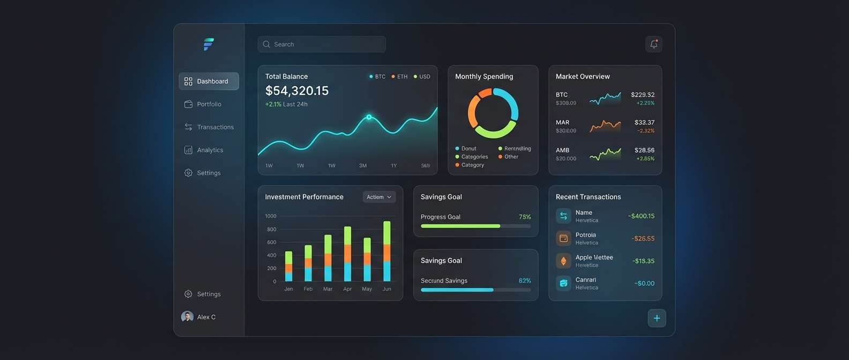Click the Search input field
click(322, 44)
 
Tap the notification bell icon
click(654, 44)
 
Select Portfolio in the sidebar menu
click(208, 104)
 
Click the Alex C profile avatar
click(187, 317)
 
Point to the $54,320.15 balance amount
click(297, 91)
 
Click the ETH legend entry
click(399, 77)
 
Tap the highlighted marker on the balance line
click(369, 117)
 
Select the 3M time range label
click(363, 166)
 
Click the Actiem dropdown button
click(379, 197)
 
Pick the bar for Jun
click(387, 251)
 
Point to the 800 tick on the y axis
click(272, 229)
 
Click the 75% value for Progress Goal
click(525, 217)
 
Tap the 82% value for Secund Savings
click(525, 281)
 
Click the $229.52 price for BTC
click(642, 95)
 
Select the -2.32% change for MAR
click(645, 131)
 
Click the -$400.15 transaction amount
click(641, 216)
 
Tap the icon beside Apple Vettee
click(563, 261)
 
